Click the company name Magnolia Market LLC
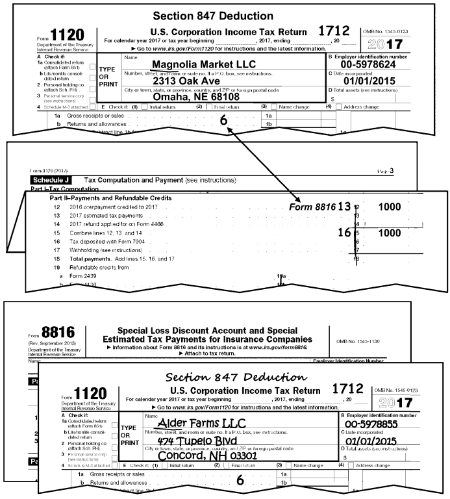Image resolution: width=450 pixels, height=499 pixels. [x=203, y=64]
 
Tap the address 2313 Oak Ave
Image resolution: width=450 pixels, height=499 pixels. [x=203, y=81]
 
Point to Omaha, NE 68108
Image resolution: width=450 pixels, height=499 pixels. [x=203, y=97]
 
